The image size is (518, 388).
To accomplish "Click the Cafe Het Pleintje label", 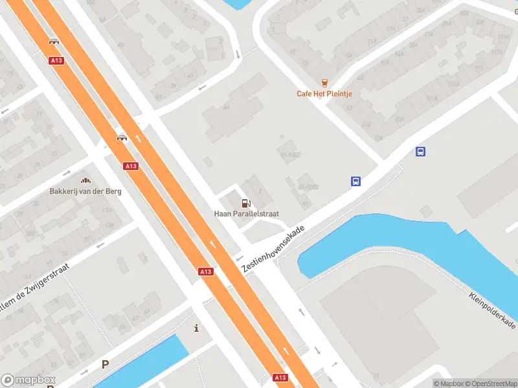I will pos(324,94).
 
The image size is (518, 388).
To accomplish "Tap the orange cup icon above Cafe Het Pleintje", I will pos(324,82).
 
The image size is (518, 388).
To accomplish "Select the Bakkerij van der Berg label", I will pos(85,191).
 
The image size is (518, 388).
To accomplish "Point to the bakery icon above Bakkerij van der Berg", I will pos(85,180).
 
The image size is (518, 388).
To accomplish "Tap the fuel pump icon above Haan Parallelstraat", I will pos(245,203).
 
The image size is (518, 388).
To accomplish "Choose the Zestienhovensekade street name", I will pos(273,249).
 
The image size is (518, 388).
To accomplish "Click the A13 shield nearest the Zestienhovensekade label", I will pos(206,272).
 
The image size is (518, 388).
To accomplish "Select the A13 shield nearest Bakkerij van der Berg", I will pos(131,166).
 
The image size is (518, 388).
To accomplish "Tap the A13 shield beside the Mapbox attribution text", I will pos(280,377).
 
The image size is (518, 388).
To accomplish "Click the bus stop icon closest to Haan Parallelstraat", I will pos(355,182).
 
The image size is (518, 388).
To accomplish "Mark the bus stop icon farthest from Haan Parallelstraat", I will pos(420,152).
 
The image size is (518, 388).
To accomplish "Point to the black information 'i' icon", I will pos(196,328).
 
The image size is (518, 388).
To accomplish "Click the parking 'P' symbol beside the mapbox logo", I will pos(105,364).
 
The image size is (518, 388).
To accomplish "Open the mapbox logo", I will pos(28,380).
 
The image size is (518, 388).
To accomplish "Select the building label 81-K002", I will pos(291,155).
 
